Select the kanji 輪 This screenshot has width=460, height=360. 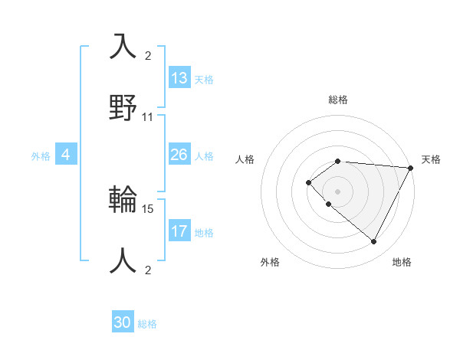[123, 199]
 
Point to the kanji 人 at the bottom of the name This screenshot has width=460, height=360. [123, 260]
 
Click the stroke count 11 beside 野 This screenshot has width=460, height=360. [148, 117]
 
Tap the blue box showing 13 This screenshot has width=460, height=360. [179, 78]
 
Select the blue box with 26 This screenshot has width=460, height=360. [179, 155]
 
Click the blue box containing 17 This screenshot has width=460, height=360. [179, 231]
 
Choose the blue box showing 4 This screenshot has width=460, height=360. [66, 155]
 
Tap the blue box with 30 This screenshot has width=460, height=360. [123, 323]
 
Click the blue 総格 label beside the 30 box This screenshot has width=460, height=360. [147, 324]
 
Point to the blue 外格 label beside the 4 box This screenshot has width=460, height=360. [41, 155]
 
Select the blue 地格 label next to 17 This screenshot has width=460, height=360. [204, 232]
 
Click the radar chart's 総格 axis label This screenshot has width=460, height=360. [337, 100]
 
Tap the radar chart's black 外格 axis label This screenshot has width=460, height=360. [270, 262]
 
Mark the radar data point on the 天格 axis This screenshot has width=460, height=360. [410, 168]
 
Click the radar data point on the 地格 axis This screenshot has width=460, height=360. [374, 241]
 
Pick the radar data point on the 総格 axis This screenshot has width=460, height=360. [337, 161]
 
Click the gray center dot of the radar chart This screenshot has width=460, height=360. [337, 191]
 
